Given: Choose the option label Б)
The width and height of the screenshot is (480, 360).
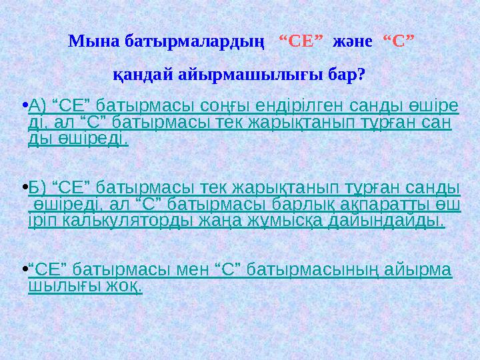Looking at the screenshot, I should coord(39,187).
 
